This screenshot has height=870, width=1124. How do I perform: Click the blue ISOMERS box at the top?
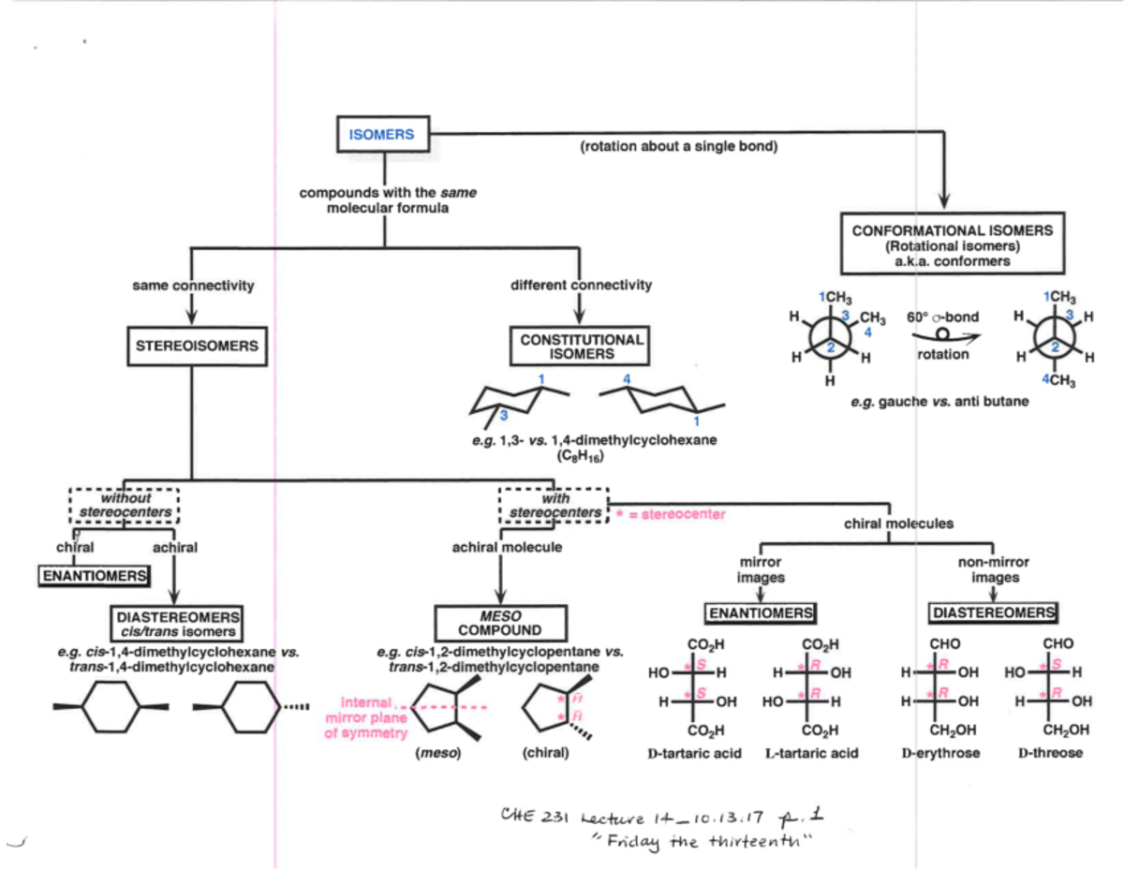click(380, 135)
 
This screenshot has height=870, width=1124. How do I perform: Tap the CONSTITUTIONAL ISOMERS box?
click(581, 347)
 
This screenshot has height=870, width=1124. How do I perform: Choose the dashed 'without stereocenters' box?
click(125, 505)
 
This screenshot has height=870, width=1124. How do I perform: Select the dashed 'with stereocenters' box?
click(554, 505)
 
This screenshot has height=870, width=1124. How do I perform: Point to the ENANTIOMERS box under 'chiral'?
click(94, 575)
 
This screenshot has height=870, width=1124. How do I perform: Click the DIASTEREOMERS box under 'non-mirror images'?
click(992, 612)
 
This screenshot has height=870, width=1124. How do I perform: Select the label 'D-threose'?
click(1050, 753)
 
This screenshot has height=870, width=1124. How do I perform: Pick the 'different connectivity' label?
click(581, 285)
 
